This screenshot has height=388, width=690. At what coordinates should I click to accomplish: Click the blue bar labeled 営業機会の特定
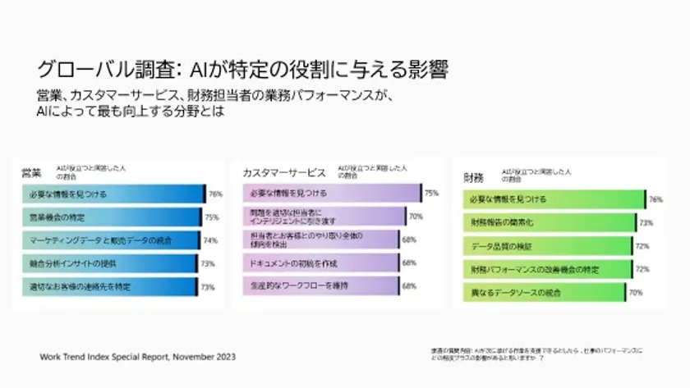[111, 217]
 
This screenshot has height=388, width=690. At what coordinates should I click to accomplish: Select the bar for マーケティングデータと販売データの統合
[110, 240]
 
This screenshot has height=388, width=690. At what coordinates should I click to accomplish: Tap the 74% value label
[210, 240]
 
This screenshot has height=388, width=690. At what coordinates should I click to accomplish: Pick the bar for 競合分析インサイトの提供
[108, 263]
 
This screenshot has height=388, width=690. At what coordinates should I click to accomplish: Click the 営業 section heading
[31, 173]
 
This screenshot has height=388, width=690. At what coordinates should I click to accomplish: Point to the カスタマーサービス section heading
[283, 173]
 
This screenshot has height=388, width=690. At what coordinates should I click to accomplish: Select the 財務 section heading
[473, 177]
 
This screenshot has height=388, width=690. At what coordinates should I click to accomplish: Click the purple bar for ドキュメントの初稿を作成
[320, 263]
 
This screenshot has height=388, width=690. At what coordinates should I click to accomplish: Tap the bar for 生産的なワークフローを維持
[320, 286]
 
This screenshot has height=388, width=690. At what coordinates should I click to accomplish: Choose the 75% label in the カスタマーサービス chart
[431, 194]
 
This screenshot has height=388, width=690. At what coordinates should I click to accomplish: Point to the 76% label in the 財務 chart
[655, 199]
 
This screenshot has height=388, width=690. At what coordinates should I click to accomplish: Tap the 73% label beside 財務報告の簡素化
[646, 222]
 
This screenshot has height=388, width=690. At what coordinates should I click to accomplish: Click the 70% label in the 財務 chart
[635, 292]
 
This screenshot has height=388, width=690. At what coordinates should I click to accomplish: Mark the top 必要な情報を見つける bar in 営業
[114, 194]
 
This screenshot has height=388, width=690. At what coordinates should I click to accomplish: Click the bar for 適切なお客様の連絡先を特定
[108, 286]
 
